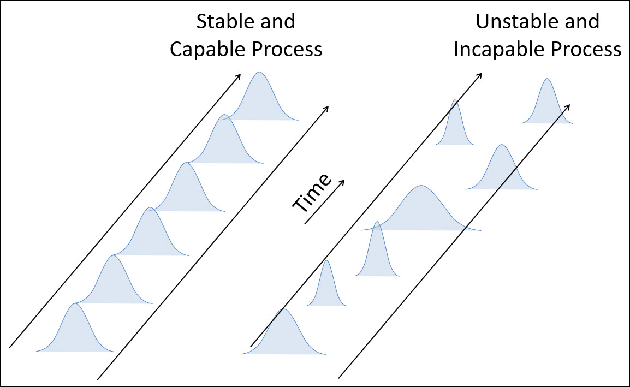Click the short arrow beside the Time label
(x=325, y=201)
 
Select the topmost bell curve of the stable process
(x=260, y=101)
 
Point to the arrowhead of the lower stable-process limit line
(x=326, y=108)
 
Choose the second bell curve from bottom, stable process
(x=113, y=284)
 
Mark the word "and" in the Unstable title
(x=584, y=22)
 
